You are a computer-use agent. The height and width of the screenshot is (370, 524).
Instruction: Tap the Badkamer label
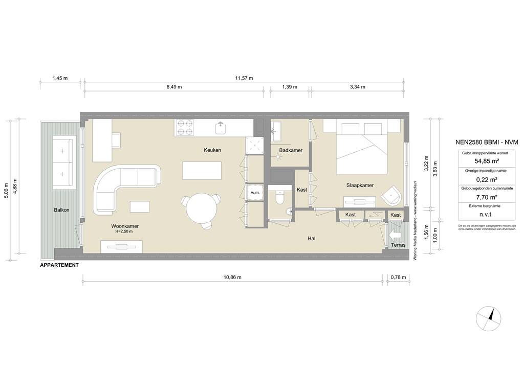click(x=290, y=150)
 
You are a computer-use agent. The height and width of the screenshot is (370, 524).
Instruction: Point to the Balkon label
click(x=61, y=210)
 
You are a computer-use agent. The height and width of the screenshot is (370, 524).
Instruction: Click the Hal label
click(x=311, y=238)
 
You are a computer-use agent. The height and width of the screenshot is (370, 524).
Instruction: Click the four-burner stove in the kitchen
click(x=185, y=128)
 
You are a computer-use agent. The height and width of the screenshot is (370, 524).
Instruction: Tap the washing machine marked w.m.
click(x=254, y=193)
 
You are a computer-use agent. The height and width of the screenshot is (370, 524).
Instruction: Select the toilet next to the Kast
click(x=279, y=197)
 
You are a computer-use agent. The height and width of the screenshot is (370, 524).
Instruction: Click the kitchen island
click(x=203, y=170)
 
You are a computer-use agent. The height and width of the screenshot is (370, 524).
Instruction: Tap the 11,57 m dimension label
click(x=244, y=78)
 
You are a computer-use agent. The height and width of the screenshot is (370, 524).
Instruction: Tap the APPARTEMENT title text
click(x=59, y=265)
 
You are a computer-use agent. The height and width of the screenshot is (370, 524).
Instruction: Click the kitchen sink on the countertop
click(x=221, y=128)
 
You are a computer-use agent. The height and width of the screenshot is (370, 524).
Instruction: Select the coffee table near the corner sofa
click(x=140, y=206)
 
